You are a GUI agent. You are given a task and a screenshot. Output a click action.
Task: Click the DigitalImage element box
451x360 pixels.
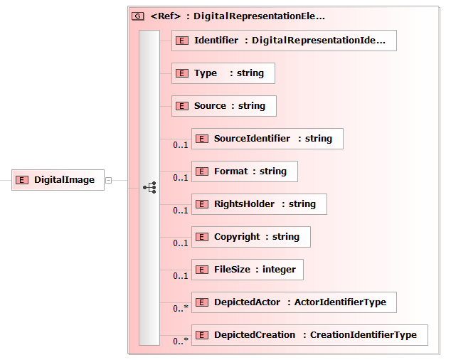(x=58, y=180)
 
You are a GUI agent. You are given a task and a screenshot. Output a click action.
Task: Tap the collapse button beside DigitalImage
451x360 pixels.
(x=108, y=180)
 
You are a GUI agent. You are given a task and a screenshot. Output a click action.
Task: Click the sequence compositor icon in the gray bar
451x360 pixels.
(x=149, y=188)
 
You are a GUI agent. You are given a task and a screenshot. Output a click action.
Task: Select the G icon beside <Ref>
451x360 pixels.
(x=138, y=16)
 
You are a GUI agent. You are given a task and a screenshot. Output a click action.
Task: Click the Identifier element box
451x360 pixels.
(x=284, y=41)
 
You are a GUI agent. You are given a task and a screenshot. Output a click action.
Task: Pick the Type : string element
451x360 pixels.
(x=223, y=73)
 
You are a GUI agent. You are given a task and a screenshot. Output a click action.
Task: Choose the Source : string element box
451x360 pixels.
(x=224, y=106)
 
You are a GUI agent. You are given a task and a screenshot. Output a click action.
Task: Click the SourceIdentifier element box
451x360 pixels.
(x=267, y=139)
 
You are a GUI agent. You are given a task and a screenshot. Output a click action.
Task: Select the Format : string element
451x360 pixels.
(x=245, y=171)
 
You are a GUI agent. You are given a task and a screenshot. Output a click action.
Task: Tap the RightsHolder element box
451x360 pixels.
(x=259, y=204)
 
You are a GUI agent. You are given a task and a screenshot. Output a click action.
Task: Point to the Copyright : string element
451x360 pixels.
(x=251, y=237)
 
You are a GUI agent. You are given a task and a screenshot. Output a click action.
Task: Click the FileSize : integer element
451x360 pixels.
(x=248, y=270)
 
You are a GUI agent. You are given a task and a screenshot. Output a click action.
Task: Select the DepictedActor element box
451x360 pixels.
(x=294, y=302)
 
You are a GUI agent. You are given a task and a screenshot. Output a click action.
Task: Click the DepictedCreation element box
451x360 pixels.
(x=309, y=335)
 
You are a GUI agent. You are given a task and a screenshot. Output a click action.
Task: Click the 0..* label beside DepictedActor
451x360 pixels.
(x=181, y=308)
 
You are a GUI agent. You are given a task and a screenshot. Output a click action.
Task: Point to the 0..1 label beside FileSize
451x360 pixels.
(x=181, y=275)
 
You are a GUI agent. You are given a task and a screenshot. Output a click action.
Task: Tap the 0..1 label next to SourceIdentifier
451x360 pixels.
(x=181, y=144)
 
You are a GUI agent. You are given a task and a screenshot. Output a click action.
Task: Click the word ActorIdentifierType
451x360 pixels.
(x=340, y=302)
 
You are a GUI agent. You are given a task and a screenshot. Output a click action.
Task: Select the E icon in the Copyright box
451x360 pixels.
(x=201, y=237)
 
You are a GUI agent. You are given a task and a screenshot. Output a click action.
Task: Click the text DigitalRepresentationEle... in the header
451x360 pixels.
(x=259, y=16)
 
